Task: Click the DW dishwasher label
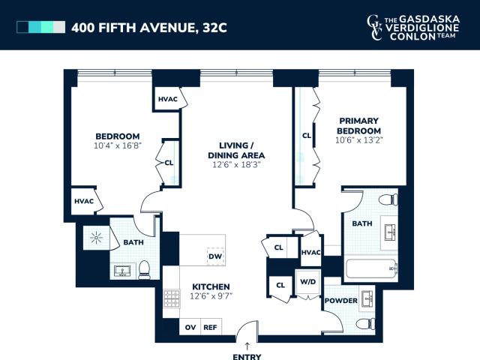tap(215, 256)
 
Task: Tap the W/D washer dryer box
tap(308, 282)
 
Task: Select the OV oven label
tap(190, 327)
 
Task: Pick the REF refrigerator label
tap(210, 327)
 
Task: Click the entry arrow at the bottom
tap(247, 346)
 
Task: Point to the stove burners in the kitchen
tap(172, 298)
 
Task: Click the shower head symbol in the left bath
tap(96, 238)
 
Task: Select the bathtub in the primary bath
tap(371, 269)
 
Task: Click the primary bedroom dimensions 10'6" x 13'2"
tap(358, 140)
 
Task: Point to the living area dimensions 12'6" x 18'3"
tap(236, 165)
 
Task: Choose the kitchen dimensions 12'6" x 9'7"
tap(211, 296)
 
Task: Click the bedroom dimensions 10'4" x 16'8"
tap(118, 145)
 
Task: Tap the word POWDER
tap(341, 301)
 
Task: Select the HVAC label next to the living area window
tap(168, 99)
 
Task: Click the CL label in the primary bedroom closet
tap(307, 135)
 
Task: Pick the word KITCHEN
tap(211, 286)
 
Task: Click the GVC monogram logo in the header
tap(375, 27)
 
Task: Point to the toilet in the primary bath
tap(388, 199)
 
